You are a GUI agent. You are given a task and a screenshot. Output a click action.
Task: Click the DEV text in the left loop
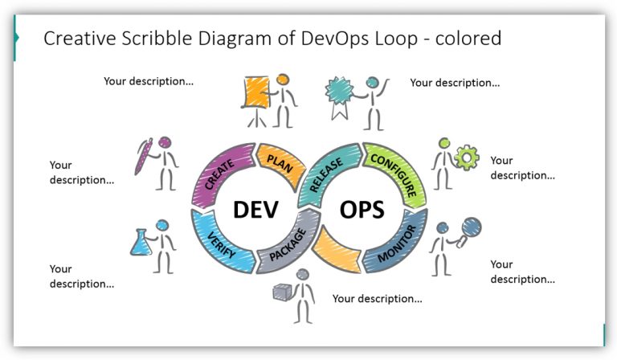click(255, 210)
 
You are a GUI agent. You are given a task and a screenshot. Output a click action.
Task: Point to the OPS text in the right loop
click(362, 210)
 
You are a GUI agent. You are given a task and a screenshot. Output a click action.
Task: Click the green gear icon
click(466, 157)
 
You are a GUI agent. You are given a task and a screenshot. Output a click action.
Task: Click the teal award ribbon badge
click(337, 91)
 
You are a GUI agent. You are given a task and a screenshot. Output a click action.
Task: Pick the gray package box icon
click(281, 292)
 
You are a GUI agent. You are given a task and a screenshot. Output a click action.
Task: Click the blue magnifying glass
click(470, 228)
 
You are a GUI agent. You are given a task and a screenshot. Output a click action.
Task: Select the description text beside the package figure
click(377, 299)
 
